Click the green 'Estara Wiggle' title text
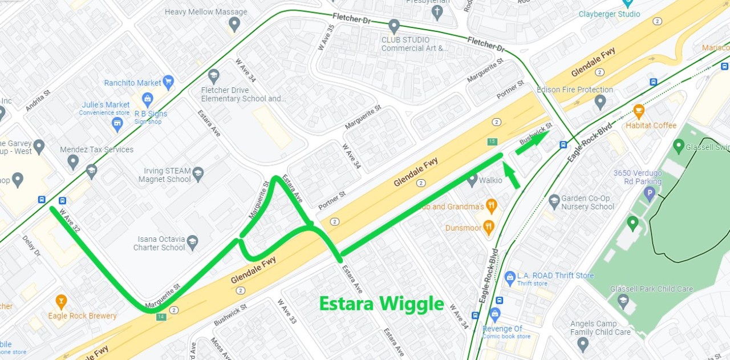coord(381,304)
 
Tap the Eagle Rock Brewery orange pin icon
coord(61,301)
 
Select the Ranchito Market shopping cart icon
coord(168,82)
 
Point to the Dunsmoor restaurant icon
coord(488,228)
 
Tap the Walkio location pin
coord(472,179)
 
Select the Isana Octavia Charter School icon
coord(192,242)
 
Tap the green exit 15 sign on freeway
coord(492,141)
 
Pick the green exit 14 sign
coord(161,317)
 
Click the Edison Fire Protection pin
coord(599,102)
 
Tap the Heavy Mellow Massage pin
coord(234,24)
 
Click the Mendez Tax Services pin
coord(73,161)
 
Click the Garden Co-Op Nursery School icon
coord(554,201)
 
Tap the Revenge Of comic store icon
coord(494,314)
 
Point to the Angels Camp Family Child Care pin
coord(582,343)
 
